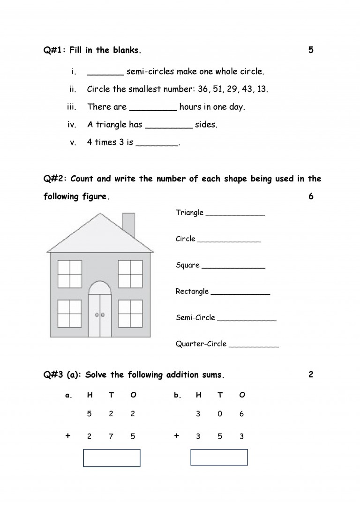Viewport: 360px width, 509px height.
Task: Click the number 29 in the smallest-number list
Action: [x=232, y=89]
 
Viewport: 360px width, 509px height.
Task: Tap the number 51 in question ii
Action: [x=218, y=89]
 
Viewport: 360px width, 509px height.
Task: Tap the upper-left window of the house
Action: [x=70, y=274]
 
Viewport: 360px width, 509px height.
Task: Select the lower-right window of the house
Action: [x=130, y=313]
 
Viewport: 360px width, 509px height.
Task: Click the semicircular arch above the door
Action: [x=100, y=288]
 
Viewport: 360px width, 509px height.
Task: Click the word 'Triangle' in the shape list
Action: [x=189, y=213]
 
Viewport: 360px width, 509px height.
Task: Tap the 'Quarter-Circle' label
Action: [x=201, y=344]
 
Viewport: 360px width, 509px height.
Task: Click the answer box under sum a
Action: [x=112, y=458]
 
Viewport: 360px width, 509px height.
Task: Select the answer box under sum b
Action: [x=219, y=458]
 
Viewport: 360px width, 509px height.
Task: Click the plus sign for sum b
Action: [x=176, y=436]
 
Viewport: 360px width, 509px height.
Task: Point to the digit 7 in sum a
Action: [x=111, y=436]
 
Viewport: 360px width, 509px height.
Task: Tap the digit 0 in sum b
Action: [x=220, y=414]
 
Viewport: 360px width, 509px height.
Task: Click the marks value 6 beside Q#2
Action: [x=311, y=196]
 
